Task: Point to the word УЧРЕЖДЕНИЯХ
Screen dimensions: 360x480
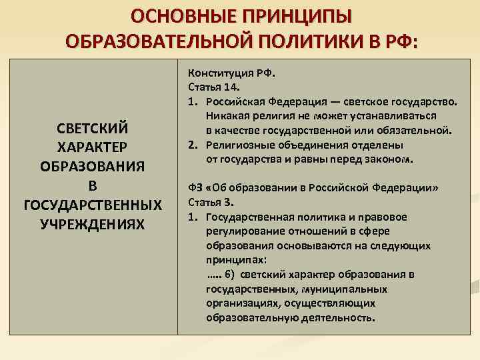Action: click(x=93, y=222)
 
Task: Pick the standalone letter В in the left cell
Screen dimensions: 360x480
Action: click(x=93, y=184)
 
